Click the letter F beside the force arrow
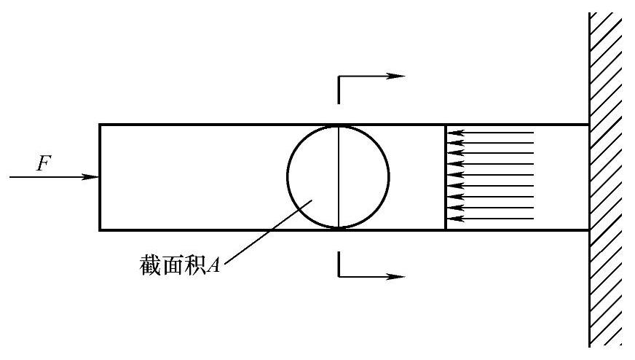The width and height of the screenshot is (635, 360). (x=44, y=164)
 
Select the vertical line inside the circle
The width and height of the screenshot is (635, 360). (x=339, y=177)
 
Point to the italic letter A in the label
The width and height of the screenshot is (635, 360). (x=214, y=265)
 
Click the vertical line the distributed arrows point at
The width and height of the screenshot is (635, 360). (x=446, y=177)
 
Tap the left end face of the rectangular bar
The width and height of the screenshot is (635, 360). (x=100, y=177)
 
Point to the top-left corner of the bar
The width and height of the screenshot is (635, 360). (x=100, y=125)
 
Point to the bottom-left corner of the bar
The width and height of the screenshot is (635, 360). (x=100, y=230)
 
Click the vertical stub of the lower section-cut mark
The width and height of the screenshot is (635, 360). (x=339, y=264)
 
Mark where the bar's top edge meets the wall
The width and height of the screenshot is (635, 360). (x=589, y=125)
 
